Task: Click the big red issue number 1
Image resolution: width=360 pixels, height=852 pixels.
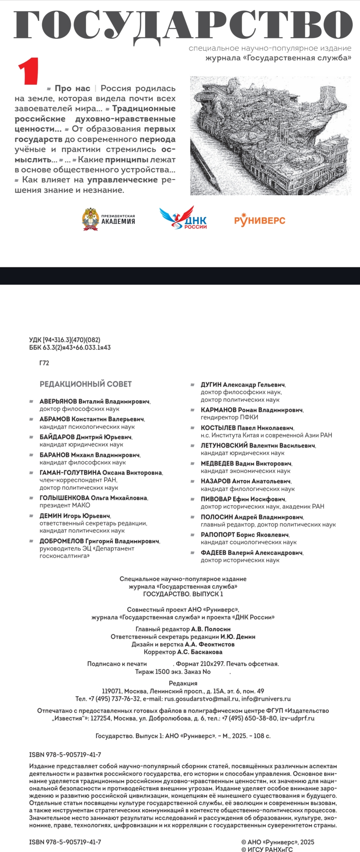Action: [29, 71]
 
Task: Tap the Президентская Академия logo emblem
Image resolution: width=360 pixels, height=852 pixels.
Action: [90, 219]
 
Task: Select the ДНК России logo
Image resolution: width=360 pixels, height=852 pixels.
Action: [184, 218]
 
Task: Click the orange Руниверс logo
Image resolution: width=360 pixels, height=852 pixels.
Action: [260, 220]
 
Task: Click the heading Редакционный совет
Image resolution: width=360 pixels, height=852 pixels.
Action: [86, 384]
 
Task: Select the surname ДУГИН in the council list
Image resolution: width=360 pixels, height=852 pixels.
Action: [211, 385]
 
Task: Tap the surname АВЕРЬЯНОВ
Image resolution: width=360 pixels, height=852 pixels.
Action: [58, 401]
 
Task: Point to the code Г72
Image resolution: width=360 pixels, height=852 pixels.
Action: [44, 363]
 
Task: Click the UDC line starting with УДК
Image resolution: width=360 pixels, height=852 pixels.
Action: [65, 340]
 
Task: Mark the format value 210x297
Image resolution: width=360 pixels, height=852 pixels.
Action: [211, 664]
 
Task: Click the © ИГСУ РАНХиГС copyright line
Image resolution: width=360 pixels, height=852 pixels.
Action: [267, 849]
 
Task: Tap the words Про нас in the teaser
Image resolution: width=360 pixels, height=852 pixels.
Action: [72, 88]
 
